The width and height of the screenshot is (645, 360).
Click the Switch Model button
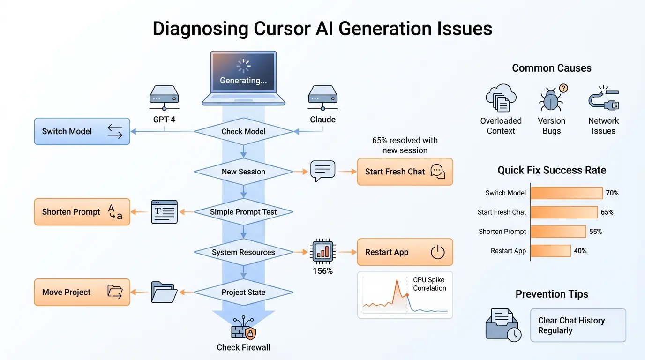tap(82, 131)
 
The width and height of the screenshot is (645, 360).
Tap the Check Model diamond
tap(243, 132)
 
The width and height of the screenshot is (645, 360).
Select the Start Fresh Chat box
tap(405, 172)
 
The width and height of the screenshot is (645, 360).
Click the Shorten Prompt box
tap(82, 212)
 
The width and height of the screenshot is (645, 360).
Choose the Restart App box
tap(405, 252)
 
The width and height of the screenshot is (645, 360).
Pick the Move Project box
tap(82, 292)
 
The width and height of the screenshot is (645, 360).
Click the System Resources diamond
tap(243, 252)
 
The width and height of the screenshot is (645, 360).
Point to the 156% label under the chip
tap(322, 271)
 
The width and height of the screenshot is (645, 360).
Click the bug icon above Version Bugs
tap(550, 99)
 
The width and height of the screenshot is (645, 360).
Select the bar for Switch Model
tap(567, 193)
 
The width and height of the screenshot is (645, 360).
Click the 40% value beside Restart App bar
tap(580, 251)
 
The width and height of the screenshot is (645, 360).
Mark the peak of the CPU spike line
tap(397, 280)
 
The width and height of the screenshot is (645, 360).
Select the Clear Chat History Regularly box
tap(578, 325)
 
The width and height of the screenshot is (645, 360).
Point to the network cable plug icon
tap(603, 99)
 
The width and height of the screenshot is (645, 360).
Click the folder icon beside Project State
tap(164, 292)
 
